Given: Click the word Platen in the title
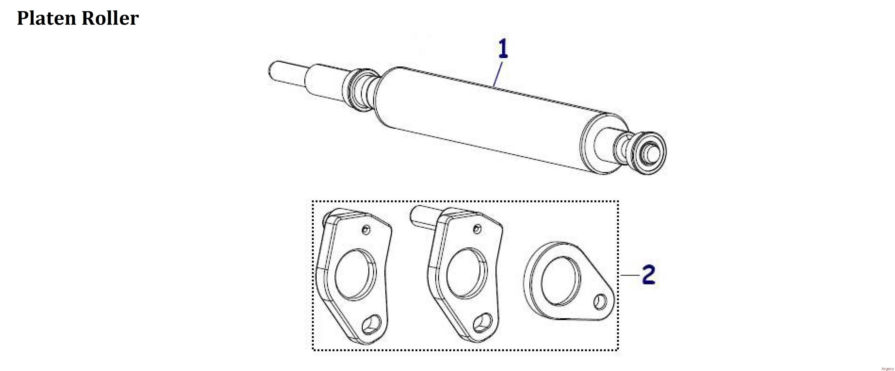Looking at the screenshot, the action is pos(47,18).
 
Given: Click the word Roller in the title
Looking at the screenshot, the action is pos(110,18).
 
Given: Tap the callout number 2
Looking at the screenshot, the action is pos(649,275).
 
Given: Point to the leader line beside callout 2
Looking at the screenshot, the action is pos(630,275).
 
